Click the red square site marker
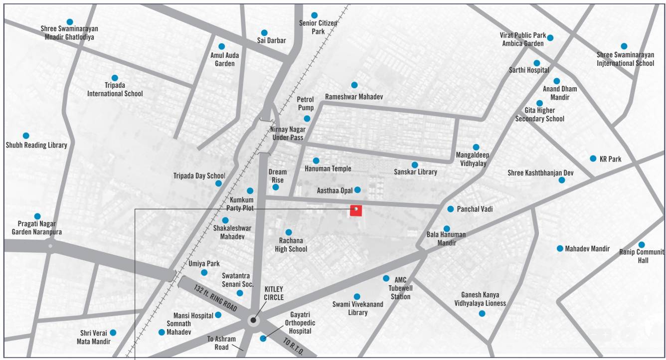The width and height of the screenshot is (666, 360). coord(355,210)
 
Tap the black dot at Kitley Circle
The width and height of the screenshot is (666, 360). coord(253,320)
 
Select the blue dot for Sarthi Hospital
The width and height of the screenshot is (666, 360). coord(537,63)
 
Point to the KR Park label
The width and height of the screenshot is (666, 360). coord(611,159)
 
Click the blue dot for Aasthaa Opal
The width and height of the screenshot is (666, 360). coord(357,190)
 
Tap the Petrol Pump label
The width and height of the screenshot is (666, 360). coord(306,104)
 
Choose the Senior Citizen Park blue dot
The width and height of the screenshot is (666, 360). coord(315,15)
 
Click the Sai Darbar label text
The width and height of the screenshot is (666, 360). coord(271,41)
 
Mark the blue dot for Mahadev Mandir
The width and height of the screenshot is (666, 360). coord(560,248)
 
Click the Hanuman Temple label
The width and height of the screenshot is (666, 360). coord(328,169)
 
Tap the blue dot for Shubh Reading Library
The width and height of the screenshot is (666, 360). coord(26,136)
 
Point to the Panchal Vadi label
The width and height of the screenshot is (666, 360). coord(475,209)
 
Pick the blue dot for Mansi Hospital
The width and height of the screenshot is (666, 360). coord(218,315)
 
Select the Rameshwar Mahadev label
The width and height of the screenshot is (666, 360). coord(354,96)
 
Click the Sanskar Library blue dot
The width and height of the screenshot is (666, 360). coord(415,165)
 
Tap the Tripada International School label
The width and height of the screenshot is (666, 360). coord(115,90)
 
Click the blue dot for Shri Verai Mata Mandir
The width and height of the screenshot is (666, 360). coord(113,333)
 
